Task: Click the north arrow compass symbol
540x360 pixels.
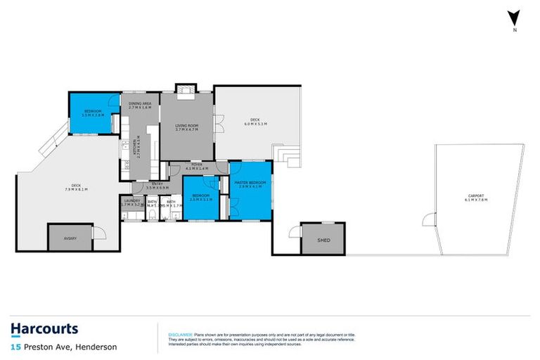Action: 515,19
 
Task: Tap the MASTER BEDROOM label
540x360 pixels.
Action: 251,183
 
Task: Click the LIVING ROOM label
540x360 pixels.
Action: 186,125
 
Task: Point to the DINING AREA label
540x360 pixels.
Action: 140,103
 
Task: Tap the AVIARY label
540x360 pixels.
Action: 70,238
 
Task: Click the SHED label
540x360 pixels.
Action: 323,239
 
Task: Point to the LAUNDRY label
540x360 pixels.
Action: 131,200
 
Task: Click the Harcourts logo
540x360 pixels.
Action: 44,329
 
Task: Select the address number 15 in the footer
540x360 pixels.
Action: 14,347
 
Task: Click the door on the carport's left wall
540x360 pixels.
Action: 427,220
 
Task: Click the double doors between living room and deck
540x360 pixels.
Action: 219,127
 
